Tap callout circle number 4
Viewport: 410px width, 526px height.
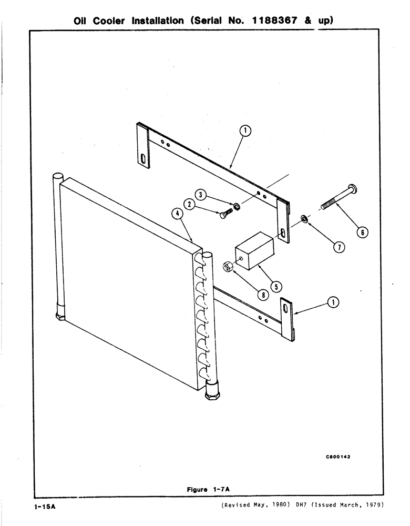(x=180, y=214)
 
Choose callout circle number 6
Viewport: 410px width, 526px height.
(x=363, y=231)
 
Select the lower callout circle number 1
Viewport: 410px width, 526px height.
(x=333, y=301)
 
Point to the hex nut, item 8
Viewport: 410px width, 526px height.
(x=229, y=267)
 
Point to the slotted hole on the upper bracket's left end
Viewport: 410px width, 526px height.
(x=143, y=159)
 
